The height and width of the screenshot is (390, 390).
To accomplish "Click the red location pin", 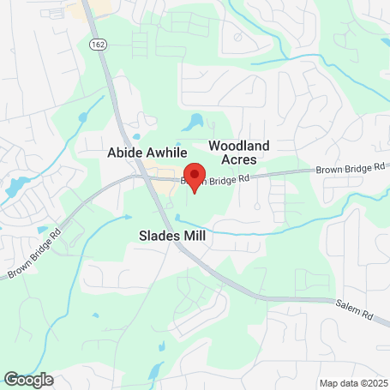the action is point(195,176).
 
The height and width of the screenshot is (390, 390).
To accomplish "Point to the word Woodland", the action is point(240,147).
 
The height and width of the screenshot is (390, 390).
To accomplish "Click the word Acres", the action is point(240,160).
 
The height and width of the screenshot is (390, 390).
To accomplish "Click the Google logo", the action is point(28,379).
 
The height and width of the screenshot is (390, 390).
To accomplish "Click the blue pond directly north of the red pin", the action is point(196,122).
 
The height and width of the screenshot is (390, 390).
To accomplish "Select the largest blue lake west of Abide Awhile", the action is point(15,184).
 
